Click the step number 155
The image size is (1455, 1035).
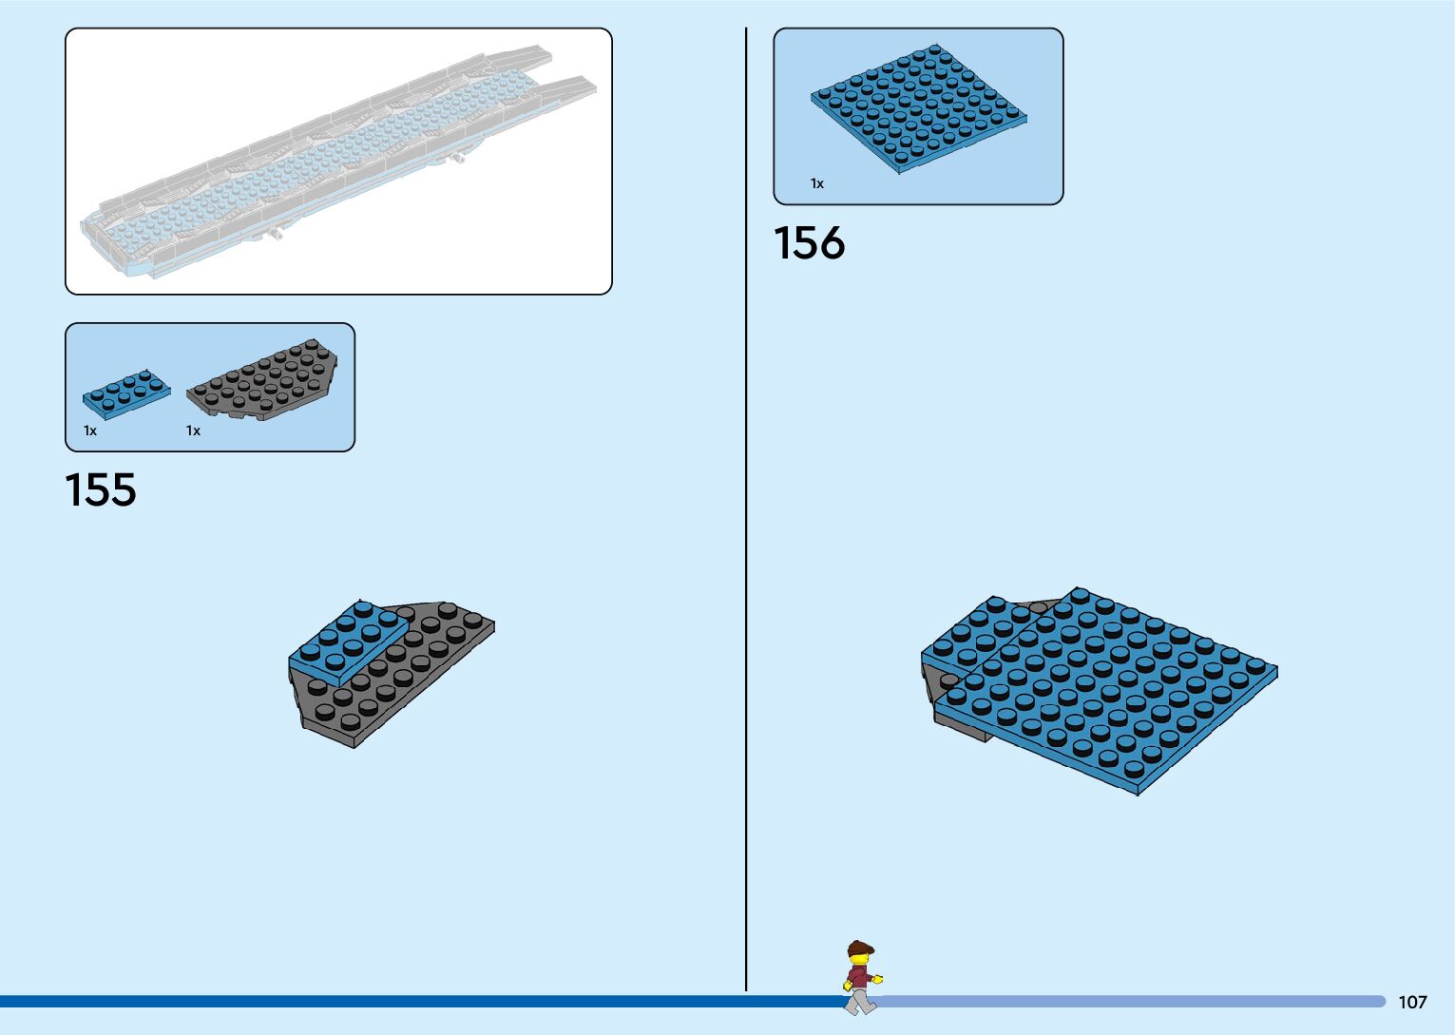tap(101, 490)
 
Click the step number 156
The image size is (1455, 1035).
tap(809, 243)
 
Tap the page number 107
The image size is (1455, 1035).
tap(1412, 1002)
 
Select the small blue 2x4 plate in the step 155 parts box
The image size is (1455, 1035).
tap(125, 392)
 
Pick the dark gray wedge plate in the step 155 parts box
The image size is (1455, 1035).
tap(264, 380)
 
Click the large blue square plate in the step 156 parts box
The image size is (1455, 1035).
tap(918, 109)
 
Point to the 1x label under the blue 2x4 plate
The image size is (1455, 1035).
tap(90, 431)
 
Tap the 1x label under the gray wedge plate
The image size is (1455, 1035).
tap(193, 431)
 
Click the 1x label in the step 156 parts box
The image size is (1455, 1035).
tap(817, 183)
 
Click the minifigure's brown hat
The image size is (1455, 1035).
tap(861, 947)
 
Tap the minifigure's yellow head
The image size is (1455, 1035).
tap(860, 960)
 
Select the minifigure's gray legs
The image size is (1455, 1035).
tap(860, 999)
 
